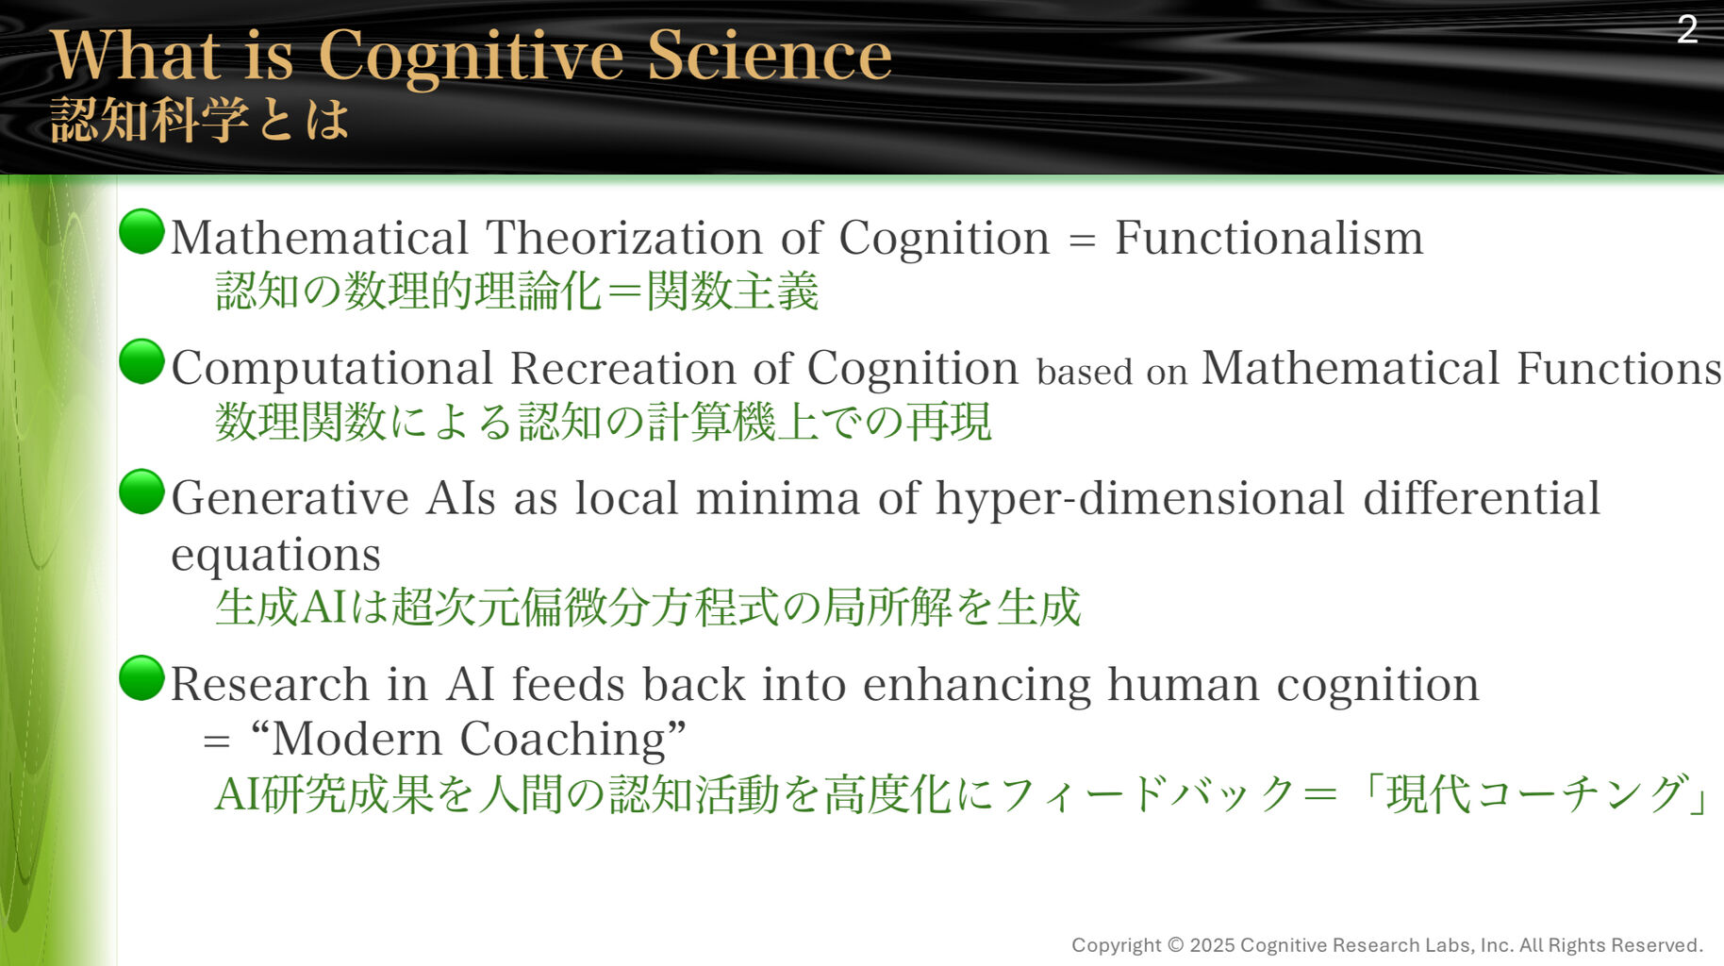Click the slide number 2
[1687, 29]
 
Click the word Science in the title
[769, 55]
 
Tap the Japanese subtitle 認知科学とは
[200, 120]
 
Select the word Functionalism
[1268, 237]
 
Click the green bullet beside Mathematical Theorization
[142, 232]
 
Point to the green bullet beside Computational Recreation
[142, 361]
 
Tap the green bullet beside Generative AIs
[142, 491]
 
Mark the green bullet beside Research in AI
[142, 678]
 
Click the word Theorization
[623, 237]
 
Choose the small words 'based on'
[1112, 372]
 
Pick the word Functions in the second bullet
[1619, 367]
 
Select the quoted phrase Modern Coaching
[469, 738]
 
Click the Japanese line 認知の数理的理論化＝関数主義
[517, 291]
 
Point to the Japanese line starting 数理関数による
[604, 421]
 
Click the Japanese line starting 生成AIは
[648, 607]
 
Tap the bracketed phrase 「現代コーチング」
[1533, 793]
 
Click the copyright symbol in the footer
[1175, 944]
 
